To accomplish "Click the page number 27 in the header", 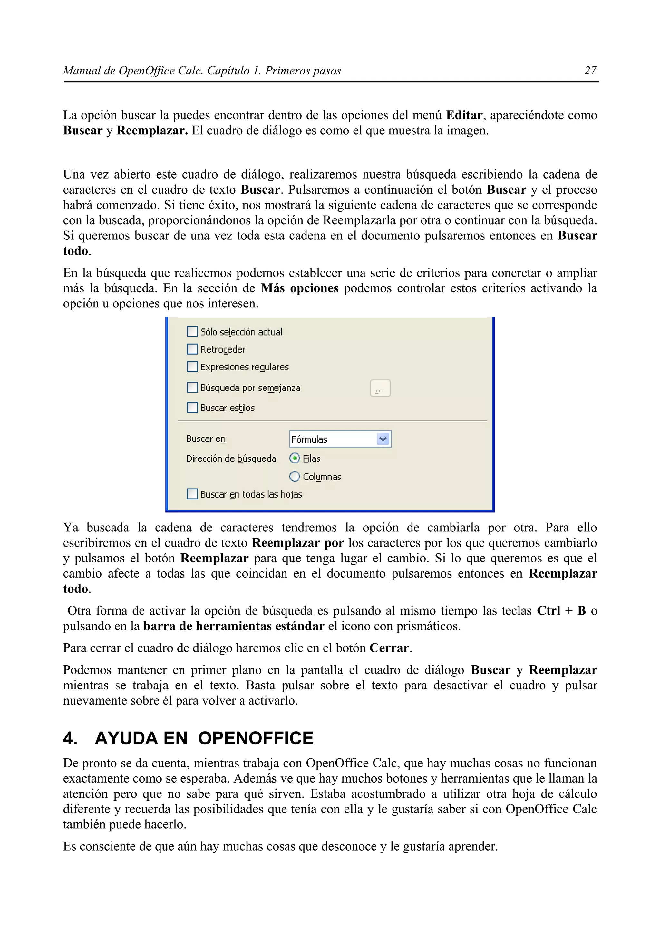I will pos(590,71).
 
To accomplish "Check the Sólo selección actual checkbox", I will pos(192,332).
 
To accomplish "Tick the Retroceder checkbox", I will pos(192,349).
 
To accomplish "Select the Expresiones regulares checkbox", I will pos(192,366).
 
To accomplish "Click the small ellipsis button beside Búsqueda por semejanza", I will pos(380,388).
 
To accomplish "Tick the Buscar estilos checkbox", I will pos(192,407).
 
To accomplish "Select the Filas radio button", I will pos(295,458).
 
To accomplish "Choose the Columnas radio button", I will pos(295,476).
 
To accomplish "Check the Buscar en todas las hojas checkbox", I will pos(192,494).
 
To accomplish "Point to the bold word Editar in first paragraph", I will pos(464,115).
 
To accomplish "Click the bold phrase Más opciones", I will pos(299,288).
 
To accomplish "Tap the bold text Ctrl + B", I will pos(561,611).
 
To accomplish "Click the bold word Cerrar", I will pos(389,648).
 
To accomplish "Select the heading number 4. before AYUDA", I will pos(70,738).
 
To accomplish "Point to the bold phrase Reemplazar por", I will pos(298,543).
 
